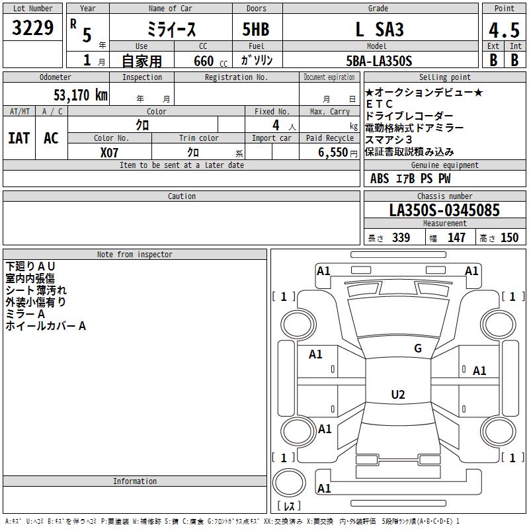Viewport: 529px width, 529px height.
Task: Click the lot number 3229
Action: pos(32,28)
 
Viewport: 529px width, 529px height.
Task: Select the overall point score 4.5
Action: pos(504,30)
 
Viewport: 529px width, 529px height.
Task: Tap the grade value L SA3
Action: pos(380,29)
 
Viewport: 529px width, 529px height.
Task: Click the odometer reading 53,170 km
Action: pos(81,95)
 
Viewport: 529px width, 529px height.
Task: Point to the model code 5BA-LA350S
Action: pos(379,61)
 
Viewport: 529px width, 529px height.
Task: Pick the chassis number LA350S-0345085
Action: pos(444,210)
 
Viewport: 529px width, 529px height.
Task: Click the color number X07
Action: pos(109,153)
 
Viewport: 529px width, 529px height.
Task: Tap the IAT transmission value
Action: pos(19,138)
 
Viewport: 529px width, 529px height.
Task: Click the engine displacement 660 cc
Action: pos(210,61)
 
